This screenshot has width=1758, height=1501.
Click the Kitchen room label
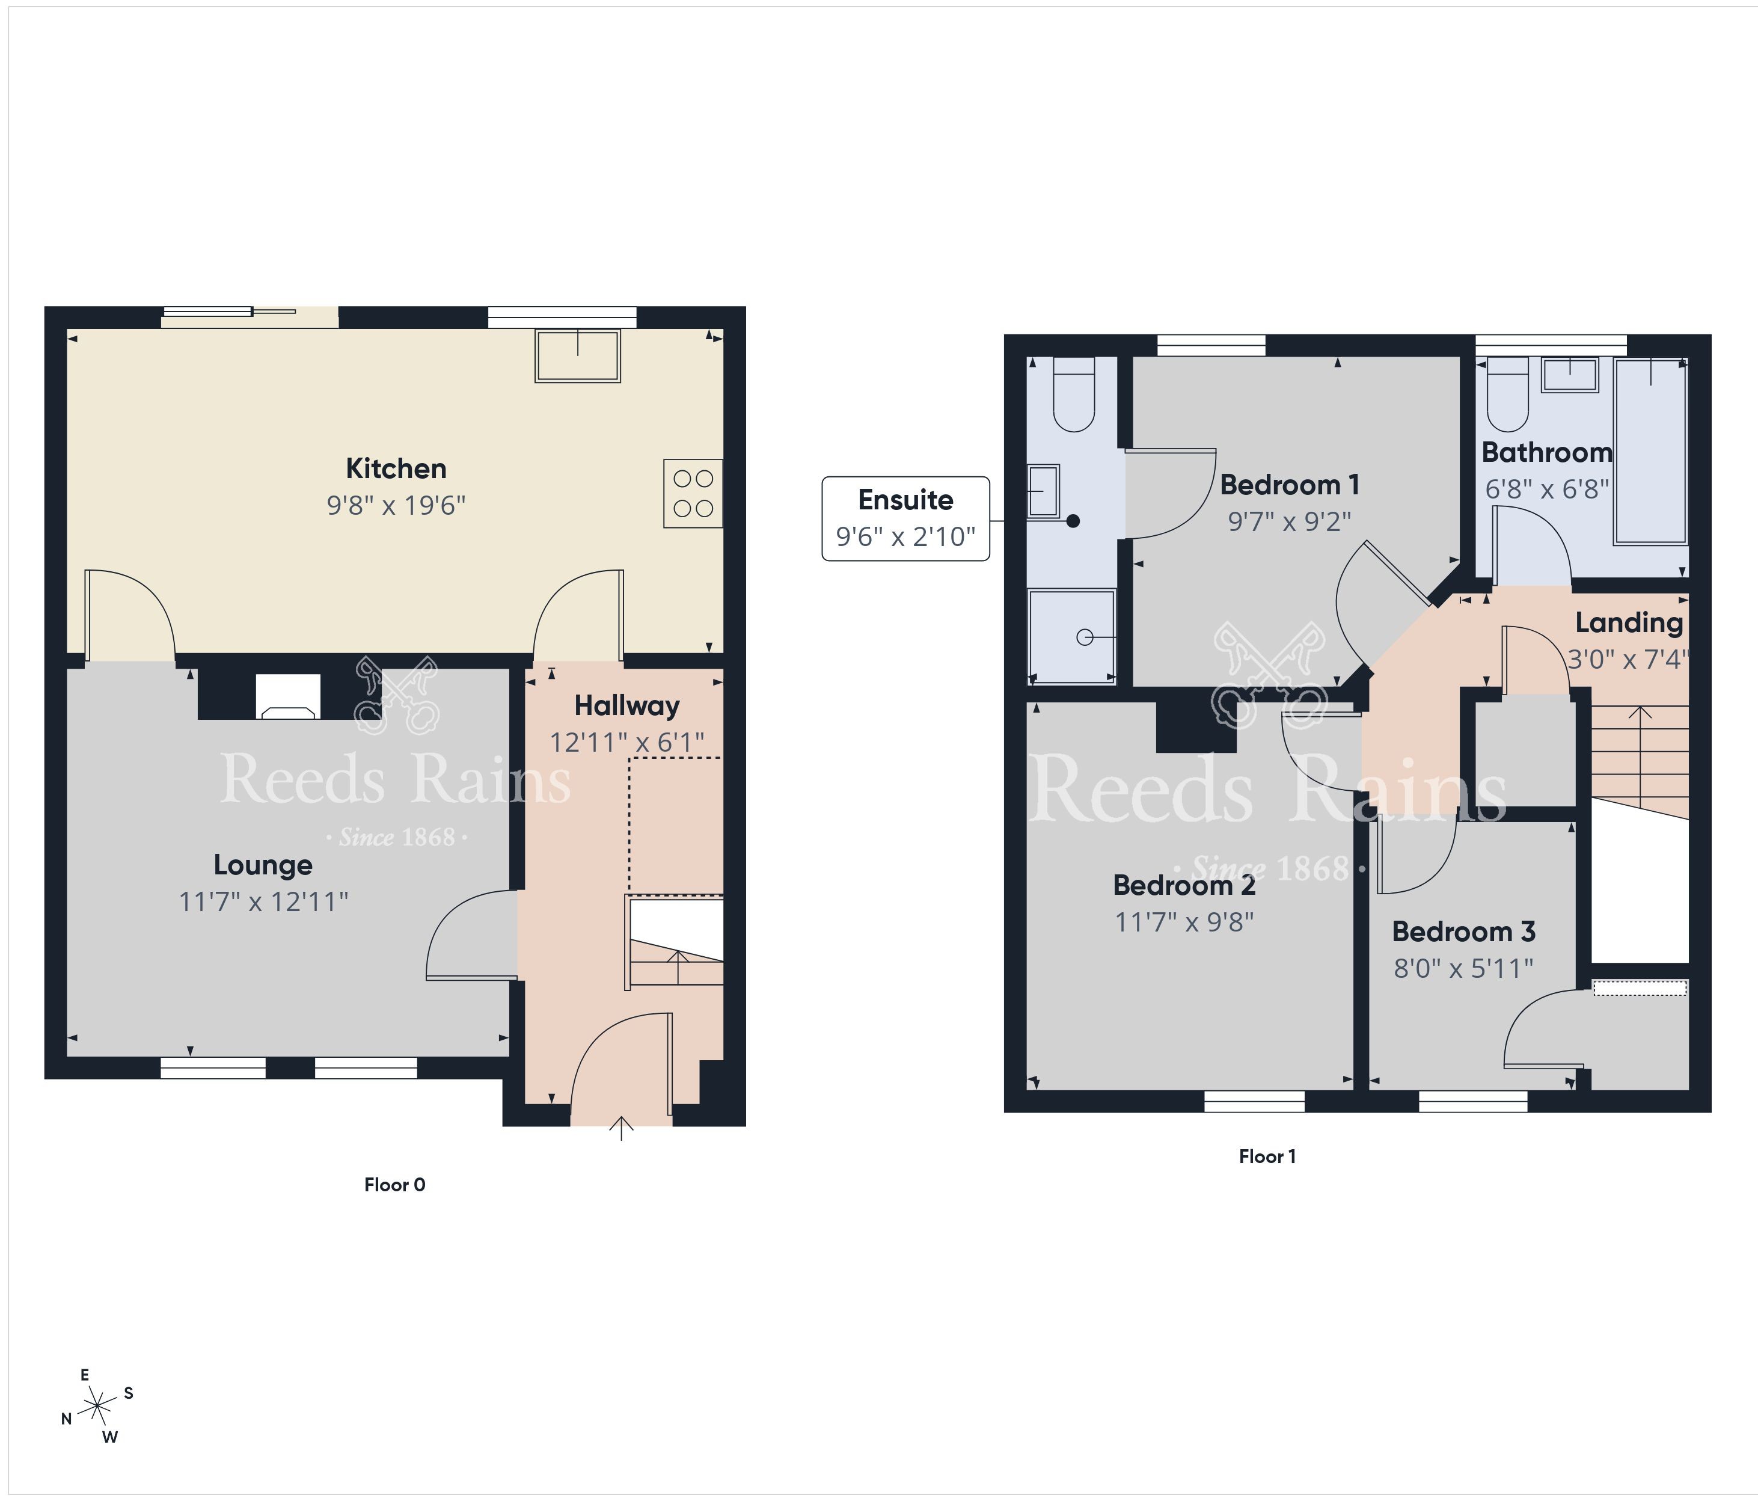tap(396, 468)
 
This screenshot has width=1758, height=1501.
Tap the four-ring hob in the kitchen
tap(693, 493)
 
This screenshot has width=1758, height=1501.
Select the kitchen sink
tap(578, 355)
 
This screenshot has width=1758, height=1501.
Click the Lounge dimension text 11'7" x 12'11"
tap(263, 901)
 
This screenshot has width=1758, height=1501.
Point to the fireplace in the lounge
tap(287, 696)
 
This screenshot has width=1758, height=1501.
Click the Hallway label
tap(627, 706)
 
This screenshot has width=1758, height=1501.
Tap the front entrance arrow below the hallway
tap(622, 1129)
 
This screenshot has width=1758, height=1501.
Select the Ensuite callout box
tap(906, 518)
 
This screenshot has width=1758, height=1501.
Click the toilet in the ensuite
tap(1073, 394)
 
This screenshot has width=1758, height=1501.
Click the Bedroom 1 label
tap(1290, 485)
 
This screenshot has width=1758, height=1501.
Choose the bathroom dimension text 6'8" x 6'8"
tap(1547, 490)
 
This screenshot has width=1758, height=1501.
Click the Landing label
tap(1629, 623)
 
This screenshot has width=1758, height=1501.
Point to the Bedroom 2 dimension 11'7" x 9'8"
tap(1184, 922)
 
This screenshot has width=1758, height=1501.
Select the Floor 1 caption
tap(1267, 1156)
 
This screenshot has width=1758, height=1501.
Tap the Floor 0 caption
tap(394, 1185)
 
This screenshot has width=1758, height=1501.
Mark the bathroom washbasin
tap(1570, 374)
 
